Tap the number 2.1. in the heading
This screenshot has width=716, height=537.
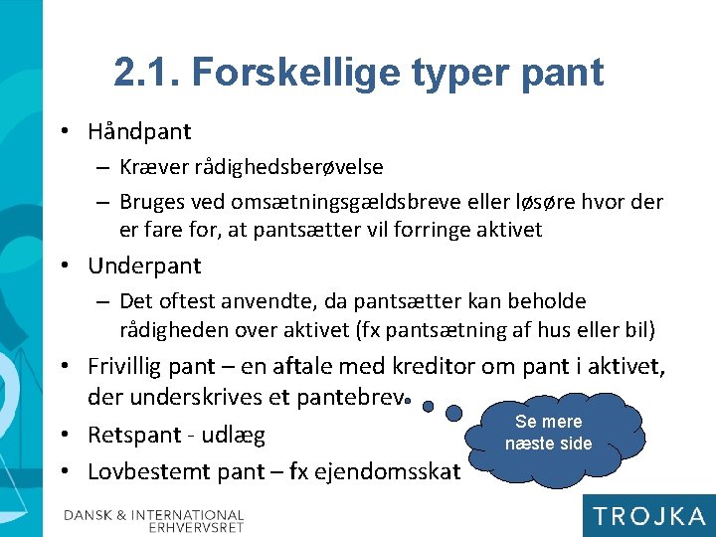click(148, 72)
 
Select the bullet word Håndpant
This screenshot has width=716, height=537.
click(139, 131)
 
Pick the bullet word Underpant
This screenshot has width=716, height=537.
click(144, 266)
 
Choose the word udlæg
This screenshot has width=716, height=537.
click(234, 435)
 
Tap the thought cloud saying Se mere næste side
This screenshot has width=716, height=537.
click(549, 434)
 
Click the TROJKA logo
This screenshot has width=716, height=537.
click(647, 515)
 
